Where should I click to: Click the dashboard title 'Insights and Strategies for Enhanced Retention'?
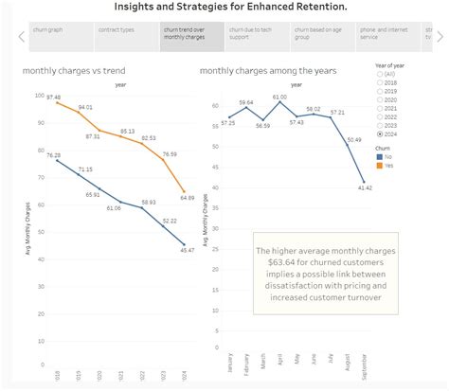(x=224, y=8)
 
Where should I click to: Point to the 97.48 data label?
(x=53, y=98)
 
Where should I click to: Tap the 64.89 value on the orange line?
(x=187, y=197)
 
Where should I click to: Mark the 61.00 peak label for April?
(x=279, y=98)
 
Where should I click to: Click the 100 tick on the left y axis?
(x=37, y=96)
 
